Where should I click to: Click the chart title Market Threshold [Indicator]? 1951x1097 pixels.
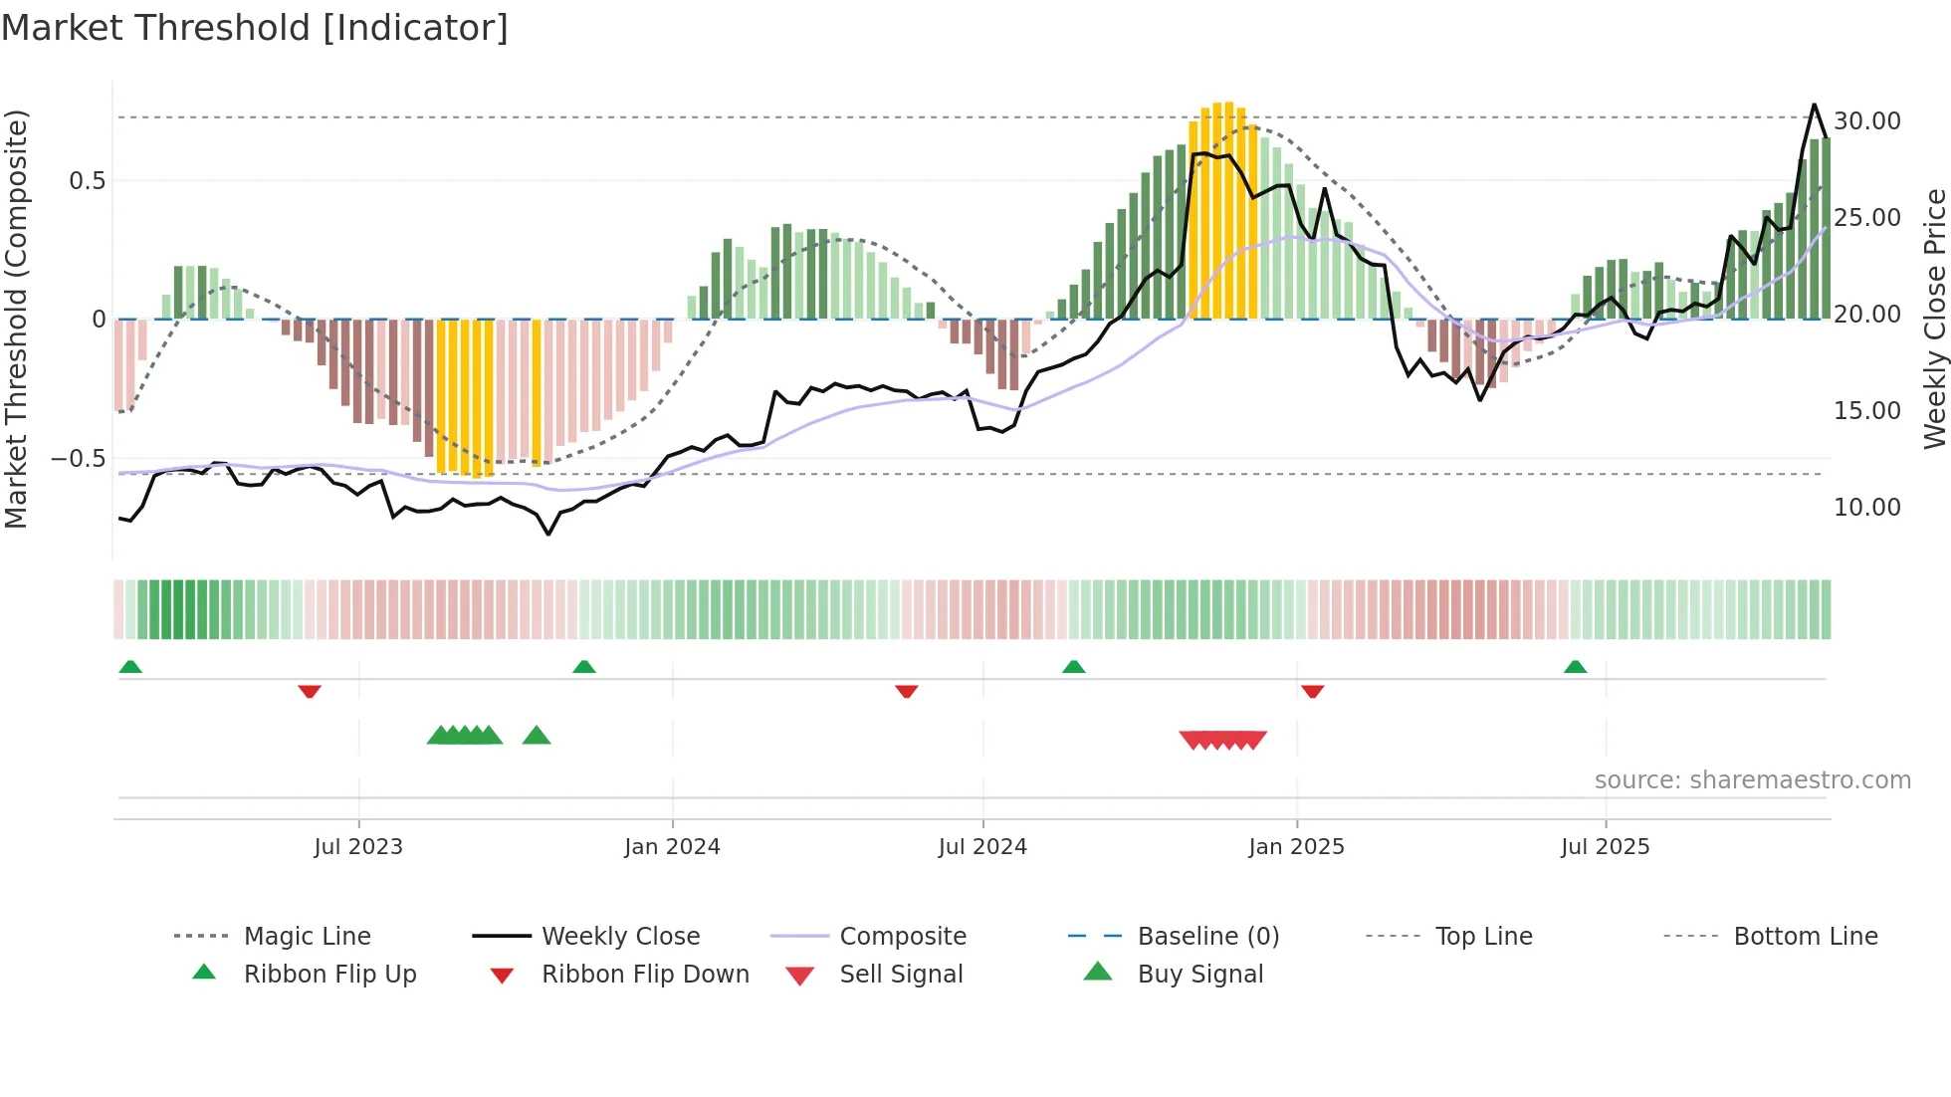click(x=255, y=28)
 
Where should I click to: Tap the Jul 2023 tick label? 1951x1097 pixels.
click(x=358, y=847)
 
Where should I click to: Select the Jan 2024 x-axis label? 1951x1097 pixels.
click(x=672, y=847)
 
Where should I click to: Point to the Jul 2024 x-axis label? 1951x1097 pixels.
click(x=982, y=847)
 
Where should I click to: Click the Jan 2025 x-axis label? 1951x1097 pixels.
click(x=1296, y=847)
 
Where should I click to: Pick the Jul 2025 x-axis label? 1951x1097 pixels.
click(x=1605, y=847)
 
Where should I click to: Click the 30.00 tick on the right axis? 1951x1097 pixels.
click(x=1866, y=121)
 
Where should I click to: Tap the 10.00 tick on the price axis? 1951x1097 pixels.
click(x=1866, y=508)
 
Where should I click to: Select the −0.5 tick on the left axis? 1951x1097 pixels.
click(x=78, y=459)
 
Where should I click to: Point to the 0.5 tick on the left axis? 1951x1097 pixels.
click(x=87, y=181)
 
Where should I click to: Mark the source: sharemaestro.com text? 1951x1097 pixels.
click(x=1752, y=780)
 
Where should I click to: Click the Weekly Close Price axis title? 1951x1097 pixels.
click(x=1934, y=319)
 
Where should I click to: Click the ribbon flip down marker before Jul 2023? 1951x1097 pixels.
click(x=310, y=691)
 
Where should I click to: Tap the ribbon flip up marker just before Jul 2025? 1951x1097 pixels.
click(x=1575, y=667)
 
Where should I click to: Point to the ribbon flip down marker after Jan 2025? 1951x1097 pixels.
click(x=1312, y=691)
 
